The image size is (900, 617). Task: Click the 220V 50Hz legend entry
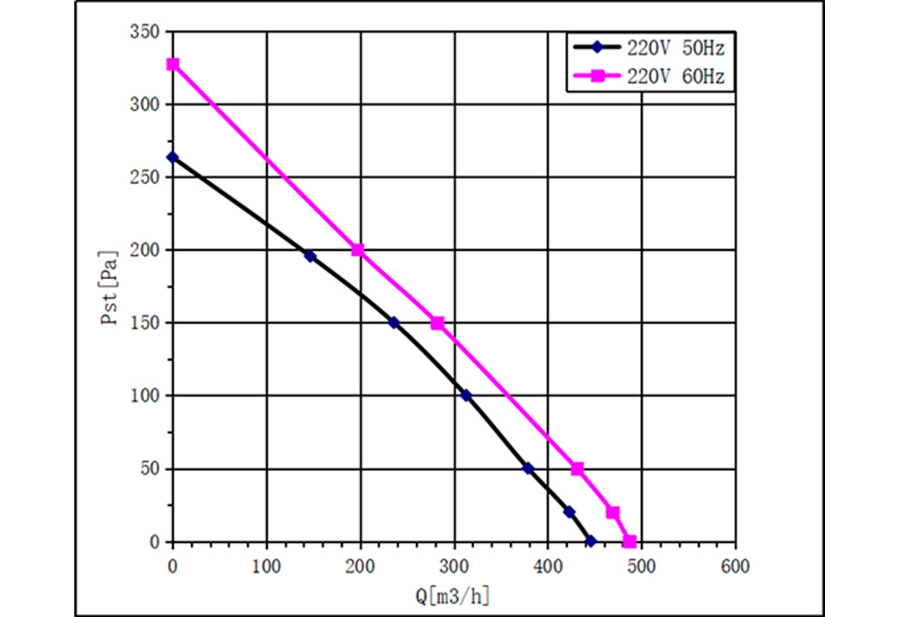[x=650, y=47]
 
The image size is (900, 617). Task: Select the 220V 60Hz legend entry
[x=650, y=76]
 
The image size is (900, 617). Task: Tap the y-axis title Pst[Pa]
[x=113, y=287]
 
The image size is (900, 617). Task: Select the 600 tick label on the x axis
[x=735, y=565]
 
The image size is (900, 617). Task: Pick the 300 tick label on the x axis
[x=454, y=565]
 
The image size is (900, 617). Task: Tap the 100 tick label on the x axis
[x=267, y=565]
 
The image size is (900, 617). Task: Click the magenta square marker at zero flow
[x=173, y=64]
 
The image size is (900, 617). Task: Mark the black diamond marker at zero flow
[x=173, y=157]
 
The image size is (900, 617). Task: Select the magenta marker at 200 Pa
[x=358, y=250]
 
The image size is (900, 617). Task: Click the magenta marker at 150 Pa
[x=437, y=323]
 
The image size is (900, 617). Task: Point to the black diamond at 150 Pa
[x=394, y=322]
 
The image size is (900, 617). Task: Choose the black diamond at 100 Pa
[x=466, y=396]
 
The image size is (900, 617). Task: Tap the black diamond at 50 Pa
[x=528, y=468]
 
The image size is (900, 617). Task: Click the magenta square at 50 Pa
[x=578, y=468]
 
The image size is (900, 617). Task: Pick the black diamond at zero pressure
[x=591, y=541]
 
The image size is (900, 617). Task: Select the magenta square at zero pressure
[x=629, y=541]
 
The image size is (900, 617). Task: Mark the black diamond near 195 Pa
[x=310, y=256]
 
